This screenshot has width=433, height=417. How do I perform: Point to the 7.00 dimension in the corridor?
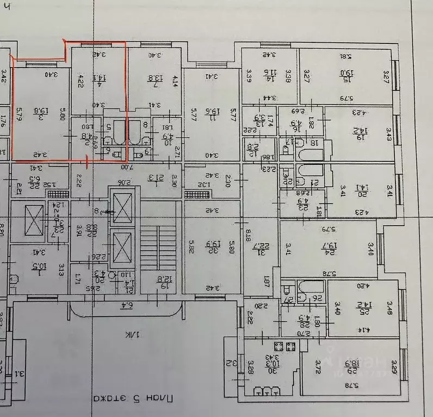120,167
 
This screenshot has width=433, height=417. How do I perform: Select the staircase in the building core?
158,239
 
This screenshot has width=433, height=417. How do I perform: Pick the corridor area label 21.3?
152,178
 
